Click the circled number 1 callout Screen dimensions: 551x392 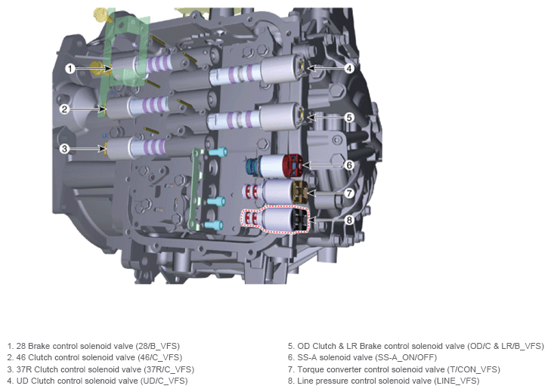[70, 68]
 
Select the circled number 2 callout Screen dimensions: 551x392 [64, 110]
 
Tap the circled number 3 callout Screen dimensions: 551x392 [64, 149]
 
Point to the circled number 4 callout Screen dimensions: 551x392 [348, 68]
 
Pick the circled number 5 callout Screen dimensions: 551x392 [349, 117]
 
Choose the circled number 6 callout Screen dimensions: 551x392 [349, 165]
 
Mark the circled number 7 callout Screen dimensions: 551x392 [349, 193]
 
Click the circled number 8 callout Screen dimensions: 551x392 [349, 221]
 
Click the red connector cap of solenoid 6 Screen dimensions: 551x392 [293, 165]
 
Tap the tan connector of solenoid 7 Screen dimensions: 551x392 [300, 192]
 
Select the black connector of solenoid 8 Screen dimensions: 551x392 [299, 220]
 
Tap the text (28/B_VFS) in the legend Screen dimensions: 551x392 [158, 346]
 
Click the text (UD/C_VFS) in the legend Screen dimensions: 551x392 [164, 381]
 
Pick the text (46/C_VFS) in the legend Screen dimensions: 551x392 [159, 357]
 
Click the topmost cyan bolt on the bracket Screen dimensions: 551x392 [218, 153]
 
